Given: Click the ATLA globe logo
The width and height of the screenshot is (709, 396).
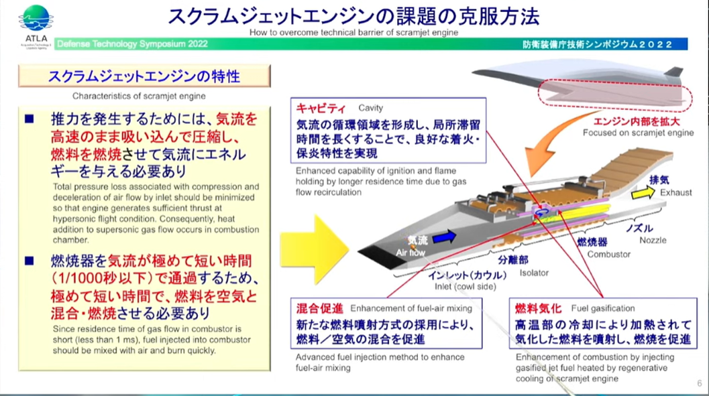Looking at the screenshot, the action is click(x=36, y=18).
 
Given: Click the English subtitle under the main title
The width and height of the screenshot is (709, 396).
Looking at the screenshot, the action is click(x=353, y=33).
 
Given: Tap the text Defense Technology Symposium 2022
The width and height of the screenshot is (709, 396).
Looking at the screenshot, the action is click(x=133, y=44).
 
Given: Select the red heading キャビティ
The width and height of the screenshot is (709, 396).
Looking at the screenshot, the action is click(x=321, y=109).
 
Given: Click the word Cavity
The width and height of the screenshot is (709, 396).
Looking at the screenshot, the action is click(x=370, y=108).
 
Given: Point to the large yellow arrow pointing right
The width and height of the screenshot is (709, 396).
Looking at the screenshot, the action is click(x=315, y=249).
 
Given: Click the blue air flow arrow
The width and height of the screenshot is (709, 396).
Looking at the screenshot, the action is click(x=445, y=237).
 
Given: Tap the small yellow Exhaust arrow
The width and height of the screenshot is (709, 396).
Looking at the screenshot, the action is click(x=643, y=193).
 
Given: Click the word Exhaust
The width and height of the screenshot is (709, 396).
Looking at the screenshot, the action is click(x=675, y=193).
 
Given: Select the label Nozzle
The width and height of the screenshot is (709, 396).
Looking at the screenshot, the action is click(x=653, y=241).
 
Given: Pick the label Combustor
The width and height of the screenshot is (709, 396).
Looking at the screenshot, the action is click(x=608, y=254).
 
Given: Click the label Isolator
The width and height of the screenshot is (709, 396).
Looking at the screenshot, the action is click(x=534, y=273).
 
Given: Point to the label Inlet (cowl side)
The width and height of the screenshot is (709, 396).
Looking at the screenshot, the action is click(x=466, y=287).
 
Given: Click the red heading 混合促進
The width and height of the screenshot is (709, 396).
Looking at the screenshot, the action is click(x=320, y=308).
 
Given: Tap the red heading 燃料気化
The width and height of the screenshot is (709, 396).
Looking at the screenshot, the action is click(x=538, y=308).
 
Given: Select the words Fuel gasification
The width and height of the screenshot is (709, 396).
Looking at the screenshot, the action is click(x=603, y=308).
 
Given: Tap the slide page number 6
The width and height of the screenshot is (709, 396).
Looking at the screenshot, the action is click(x=700, y=383).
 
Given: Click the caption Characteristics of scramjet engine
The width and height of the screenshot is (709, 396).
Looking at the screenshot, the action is click(x=139, y=96).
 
